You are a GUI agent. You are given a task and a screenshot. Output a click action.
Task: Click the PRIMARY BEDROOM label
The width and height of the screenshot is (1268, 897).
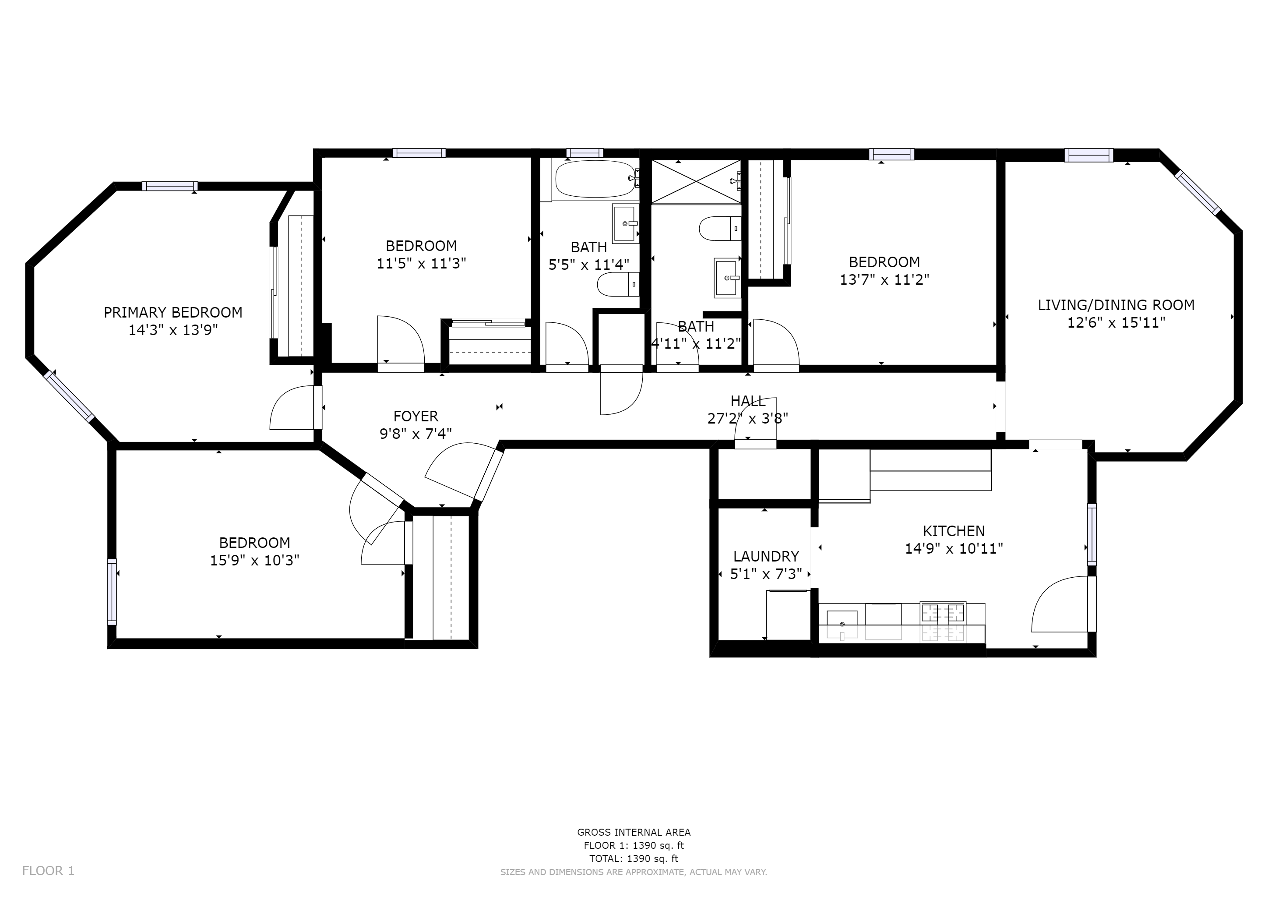[173, 313]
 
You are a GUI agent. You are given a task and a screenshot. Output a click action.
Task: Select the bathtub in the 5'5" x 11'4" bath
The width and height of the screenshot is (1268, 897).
[596, 179]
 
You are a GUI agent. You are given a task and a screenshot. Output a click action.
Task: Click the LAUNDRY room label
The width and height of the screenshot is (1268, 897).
[766, 556]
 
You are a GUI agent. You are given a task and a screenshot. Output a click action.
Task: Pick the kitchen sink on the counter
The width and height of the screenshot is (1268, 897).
[842, 624]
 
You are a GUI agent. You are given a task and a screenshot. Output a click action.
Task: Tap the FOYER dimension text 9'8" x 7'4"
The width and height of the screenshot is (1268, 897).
[416, 434]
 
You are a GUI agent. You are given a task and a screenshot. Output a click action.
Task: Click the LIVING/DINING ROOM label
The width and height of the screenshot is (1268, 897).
[1116, 305]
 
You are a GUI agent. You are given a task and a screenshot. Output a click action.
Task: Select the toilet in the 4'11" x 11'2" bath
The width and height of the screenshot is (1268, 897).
[720, 229]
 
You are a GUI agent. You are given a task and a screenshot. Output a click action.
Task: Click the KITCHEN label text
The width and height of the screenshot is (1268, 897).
[954, 531]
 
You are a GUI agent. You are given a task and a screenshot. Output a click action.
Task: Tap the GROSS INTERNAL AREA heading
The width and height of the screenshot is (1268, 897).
[634, 832]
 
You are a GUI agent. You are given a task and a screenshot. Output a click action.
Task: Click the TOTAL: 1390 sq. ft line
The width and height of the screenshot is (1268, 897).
[634, 858]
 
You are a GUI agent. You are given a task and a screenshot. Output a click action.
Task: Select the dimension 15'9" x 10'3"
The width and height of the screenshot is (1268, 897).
[254, 561]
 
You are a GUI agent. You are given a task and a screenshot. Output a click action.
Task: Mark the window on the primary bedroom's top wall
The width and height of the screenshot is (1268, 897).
[170, 186]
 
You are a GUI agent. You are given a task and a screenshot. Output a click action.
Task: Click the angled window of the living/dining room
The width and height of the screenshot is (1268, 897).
[1198, 192]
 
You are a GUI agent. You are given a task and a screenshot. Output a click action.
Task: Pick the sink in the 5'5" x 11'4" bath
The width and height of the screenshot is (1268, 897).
[626, 223]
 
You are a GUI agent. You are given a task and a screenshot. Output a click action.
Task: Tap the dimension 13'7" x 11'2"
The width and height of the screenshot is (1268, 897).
[884, 280]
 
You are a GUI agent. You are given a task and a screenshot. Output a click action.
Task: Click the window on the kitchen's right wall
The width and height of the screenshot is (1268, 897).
[1092, 534]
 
